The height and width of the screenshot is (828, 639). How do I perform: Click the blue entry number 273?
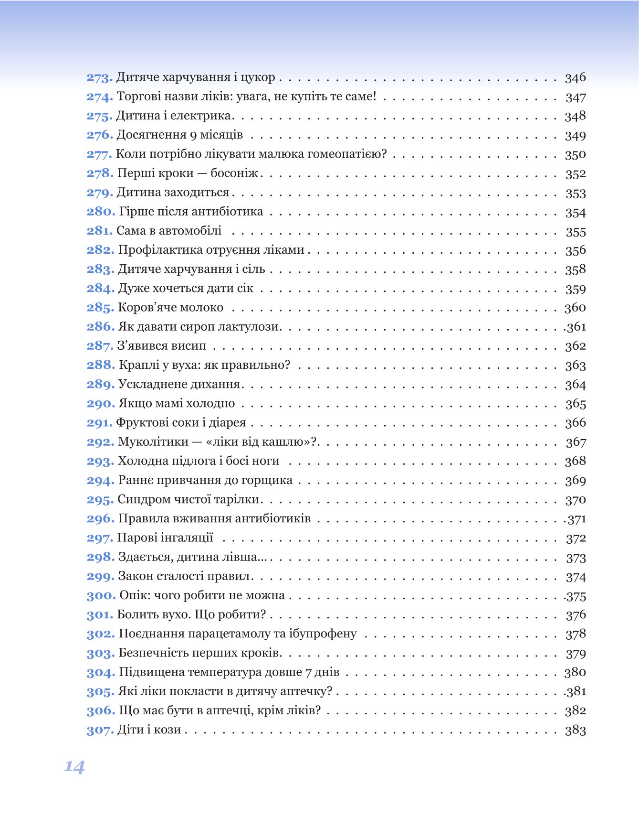(99, 77)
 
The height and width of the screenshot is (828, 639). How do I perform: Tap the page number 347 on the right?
(575, 97)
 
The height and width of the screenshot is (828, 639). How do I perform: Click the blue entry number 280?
(101, 212)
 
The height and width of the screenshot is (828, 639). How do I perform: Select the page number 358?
(575, 269)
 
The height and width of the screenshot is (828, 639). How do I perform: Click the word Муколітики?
(153, 442)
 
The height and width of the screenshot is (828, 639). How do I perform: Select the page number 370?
(575, 500)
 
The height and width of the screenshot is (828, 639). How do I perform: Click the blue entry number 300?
(101, 596)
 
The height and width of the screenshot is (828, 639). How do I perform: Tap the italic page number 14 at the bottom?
(74, 767)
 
